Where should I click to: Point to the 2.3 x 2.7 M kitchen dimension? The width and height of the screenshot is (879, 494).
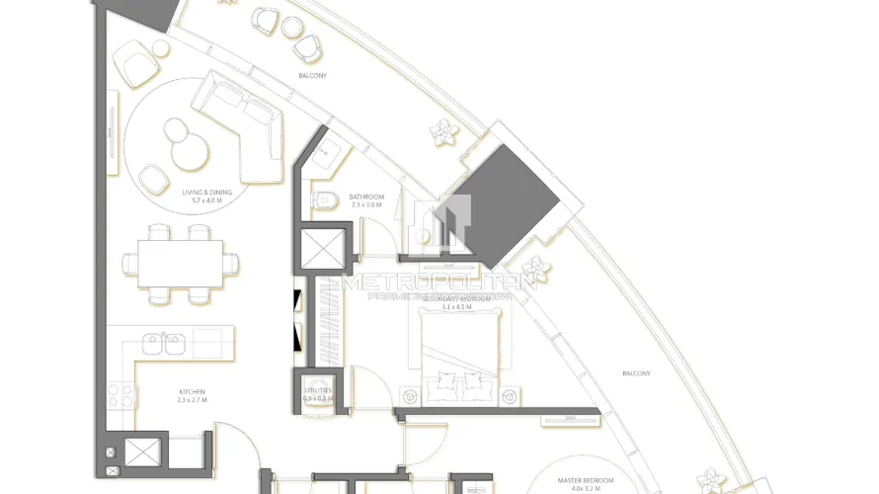192,399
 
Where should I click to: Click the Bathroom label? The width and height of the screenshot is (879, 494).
366,197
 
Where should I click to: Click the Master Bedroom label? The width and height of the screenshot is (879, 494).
585,480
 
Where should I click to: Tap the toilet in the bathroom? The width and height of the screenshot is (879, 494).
323,201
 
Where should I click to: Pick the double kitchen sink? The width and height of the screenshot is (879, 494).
163,343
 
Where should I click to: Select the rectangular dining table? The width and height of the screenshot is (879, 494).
181,263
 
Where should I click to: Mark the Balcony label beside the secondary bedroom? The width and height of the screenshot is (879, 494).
636,372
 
